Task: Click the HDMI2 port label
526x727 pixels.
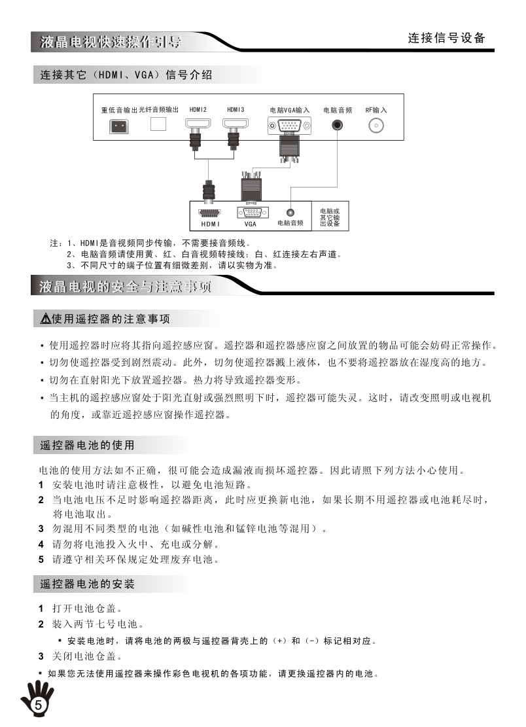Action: click(x=198, y=110)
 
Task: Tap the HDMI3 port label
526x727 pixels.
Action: click(x=236, y=110)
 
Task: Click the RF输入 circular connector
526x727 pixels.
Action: click(x=376, y=126)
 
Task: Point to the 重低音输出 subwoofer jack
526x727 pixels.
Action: click(x=118, y=126)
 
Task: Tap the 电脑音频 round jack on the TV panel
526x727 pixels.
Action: click(x=338, y=125)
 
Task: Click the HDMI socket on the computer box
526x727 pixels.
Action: click(x=209, y=212)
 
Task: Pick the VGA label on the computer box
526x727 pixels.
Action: click(x=250, y=224)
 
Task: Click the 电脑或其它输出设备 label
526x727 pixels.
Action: click(x=330, y=217)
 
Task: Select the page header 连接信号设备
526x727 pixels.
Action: click(x=447, y=38)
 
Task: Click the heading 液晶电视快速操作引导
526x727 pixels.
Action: click(x=110, y=43)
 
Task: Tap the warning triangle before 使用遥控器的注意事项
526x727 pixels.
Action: click(x=45, y=319)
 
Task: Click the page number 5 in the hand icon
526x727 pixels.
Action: click(x=38, y=705)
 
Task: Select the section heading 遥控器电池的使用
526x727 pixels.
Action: click(x=87, y=446)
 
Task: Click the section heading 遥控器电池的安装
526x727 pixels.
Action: click(x=87, y=583)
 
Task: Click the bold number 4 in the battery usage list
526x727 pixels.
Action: click(x=41, y=544)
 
